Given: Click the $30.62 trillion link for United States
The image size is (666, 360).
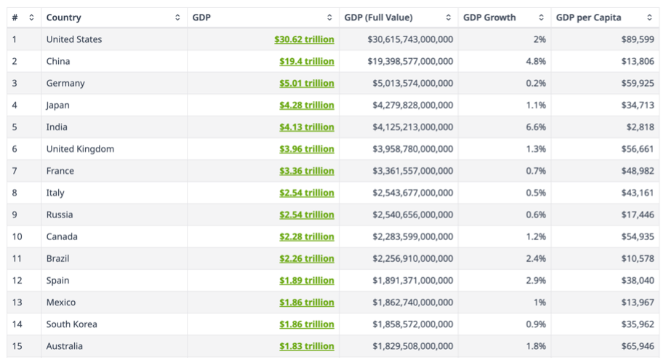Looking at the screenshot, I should [x=304, y=39].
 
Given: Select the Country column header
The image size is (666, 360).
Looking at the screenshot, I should [x=64, y=17].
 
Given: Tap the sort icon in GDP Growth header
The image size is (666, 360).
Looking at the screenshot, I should [x=541, y=17].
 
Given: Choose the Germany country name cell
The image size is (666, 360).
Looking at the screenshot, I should [x=65, y=84].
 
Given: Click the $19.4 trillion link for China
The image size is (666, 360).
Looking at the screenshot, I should [x=306, y=62].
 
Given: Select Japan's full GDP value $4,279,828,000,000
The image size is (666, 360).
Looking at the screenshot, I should [x=410, y=105].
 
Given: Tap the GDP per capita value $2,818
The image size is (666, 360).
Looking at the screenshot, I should [x=641, y=127].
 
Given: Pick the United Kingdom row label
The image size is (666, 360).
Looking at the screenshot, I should [x=80, y=149].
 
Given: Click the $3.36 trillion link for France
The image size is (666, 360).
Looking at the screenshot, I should [x=306, y=171].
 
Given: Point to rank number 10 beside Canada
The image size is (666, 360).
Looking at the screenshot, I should [x=18, y=236].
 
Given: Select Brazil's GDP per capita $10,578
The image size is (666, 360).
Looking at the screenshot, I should [x=638, y=258].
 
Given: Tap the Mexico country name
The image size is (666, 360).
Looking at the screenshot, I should [x=61, y=303].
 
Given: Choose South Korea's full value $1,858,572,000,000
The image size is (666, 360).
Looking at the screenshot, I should [x=410, y=324].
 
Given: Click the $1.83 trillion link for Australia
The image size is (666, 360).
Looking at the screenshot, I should [x=306, y=346].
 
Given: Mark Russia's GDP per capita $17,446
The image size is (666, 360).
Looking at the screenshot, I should [x=638, y=215].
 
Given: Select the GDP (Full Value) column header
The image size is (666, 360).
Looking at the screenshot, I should [x=388, y=17].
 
